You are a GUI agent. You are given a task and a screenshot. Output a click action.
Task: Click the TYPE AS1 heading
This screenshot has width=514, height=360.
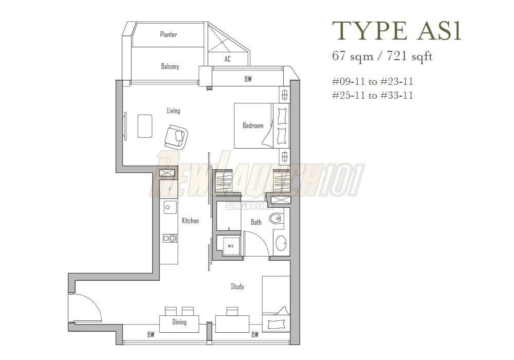(x=396, y=30)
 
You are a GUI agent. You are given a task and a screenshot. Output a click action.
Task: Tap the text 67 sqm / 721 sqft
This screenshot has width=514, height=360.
(x=382, y=56)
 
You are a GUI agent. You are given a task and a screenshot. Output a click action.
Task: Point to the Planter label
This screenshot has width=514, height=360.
(x=169, y=34)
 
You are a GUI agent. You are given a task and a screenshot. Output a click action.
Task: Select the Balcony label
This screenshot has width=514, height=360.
(x=170, y=66)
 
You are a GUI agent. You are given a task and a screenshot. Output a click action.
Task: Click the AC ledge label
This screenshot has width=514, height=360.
(x=228, y=59)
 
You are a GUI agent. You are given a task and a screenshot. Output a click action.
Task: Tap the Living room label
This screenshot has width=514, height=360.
(x=173, y=111)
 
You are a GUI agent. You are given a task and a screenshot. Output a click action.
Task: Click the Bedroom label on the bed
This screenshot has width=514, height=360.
(x=253, y=125)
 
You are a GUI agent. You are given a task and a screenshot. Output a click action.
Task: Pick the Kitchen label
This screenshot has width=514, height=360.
(x=190, y=221)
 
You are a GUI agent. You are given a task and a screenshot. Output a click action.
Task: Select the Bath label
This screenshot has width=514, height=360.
(x=256, y=222)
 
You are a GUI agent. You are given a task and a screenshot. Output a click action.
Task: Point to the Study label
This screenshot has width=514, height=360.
(x=237, y=286)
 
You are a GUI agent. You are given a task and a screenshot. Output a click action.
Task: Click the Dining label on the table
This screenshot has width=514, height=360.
(x=179, y=322)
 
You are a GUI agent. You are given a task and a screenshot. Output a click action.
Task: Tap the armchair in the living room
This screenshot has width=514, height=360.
(x=176, y=137)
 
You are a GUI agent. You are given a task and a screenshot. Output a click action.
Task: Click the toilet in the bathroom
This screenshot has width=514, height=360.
(x=278, y=219)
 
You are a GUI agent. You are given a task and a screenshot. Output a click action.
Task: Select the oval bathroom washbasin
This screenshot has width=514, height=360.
(x=281, y=243)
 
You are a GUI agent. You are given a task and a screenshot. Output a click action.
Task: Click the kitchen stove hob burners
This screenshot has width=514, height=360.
(x=169, y=238)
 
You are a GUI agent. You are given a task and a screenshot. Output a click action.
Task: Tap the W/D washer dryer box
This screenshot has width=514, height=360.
(x=230, y=246)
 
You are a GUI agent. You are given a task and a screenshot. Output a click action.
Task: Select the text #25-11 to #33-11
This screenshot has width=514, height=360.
(x=373, y=95)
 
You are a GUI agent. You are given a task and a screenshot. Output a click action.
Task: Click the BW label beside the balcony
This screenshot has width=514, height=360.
(x=248, y=79)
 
